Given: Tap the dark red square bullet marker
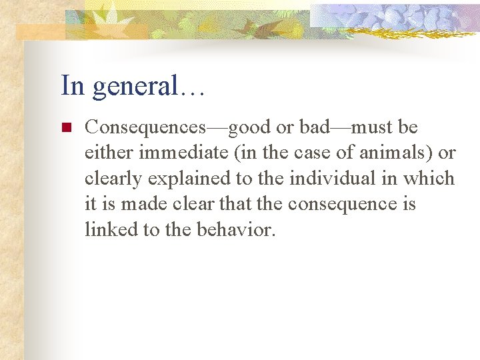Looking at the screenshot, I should point(65,127).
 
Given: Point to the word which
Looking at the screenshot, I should point(432,178).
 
